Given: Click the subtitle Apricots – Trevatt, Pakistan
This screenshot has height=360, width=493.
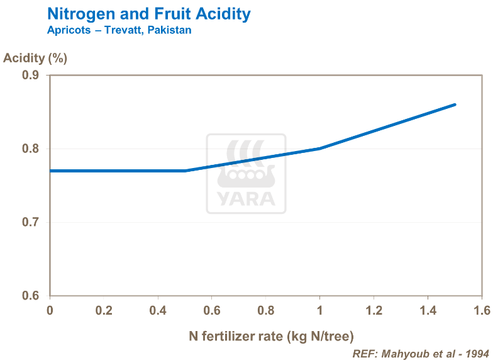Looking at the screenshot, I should (119, 30).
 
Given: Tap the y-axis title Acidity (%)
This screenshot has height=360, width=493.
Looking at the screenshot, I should (35, 59).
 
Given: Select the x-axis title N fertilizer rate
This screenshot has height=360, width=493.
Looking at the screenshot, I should (267, 335).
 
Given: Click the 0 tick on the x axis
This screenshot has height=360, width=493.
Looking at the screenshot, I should (50, 310).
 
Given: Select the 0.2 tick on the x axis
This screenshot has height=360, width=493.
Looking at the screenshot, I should (104, 310).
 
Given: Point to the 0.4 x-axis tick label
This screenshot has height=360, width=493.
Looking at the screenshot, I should (158, 310).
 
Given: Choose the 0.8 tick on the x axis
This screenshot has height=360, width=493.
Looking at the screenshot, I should (266, 310).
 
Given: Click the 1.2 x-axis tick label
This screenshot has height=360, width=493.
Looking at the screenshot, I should (374, 310).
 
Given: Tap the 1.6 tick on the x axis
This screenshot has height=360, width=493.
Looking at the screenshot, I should (482, 310).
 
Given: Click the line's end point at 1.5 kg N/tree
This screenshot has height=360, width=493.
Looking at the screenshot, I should (455, 104).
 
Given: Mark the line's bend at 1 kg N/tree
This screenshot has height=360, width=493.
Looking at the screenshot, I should (319, 149).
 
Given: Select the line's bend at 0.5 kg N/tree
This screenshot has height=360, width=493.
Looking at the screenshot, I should (185, 171).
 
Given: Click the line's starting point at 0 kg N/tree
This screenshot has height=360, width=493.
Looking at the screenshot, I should (50, 171).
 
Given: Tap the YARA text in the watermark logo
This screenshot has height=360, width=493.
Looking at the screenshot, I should (246, 199).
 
